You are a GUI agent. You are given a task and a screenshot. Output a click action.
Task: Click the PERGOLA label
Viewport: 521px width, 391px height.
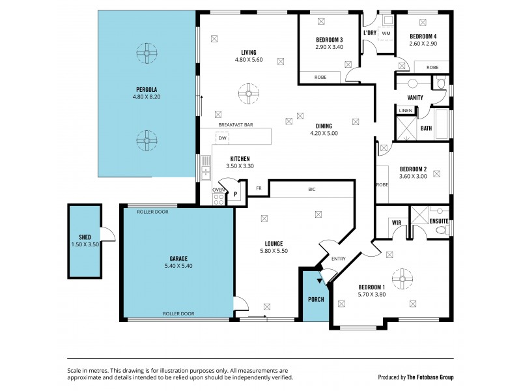click(146, 89)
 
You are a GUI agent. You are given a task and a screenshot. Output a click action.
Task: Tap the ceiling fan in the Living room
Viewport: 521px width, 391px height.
click(248, 94)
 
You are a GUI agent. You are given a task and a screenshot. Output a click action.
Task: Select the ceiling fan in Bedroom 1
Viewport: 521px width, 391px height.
click(403, 280)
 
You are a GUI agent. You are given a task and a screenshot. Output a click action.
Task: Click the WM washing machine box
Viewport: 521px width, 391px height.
click(386, 33)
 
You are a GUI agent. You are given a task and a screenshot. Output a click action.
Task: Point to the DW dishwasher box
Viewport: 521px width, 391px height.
click(223, 138)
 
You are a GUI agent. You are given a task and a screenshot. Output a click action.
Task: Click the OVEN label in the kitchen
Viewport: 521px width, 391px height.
click(218, 190)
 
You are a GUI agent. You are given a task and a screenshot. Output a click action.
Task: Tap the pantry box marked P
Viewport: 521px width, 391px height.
click(236, 193)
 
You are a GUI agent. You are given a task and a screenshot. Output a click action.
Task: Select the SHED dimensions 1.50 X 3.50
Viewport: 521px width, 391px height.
click(85, 244)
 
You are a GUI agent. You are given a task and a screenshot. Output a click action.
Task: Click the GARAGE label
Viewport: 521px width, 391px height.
click(178, 258)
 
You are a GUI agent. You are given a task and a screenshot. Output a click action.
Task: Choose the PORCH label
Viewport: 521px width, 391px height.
click(316, 299)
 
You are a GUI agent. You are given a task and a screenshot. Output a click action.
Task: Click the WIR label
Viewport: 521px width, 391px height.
click(397, 223)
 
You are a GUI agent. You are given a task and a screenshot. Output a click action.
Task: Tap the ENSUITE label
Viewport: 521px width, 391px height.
click(439, 222)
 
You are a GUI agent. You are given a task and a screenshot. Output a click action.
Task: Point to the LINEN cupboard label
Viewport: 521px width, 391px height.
click(405, 111)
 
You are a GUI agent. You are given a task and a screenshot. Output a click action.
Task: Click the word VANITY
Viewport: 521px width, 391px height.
click(415, 98)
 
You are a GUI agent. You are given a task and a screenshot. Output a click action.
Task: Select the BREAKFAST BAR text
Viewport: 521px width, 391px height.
click(235, 124)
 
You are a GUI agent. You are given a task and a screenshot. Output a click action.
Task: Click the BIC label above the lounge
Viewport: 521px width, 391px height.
click(312, 190)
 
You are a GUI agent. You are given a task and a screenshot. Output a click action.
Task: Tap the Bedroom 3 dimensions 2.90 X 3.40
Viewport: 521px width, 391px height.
click(329, 47)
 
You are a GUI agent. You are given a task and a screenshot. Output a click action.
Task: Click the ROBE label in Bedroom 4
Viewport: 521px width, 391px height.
click(432, 67)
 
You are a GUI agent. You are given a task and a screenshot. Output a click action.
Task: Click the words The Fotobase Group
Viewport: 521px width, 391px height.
click(429, 377)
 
